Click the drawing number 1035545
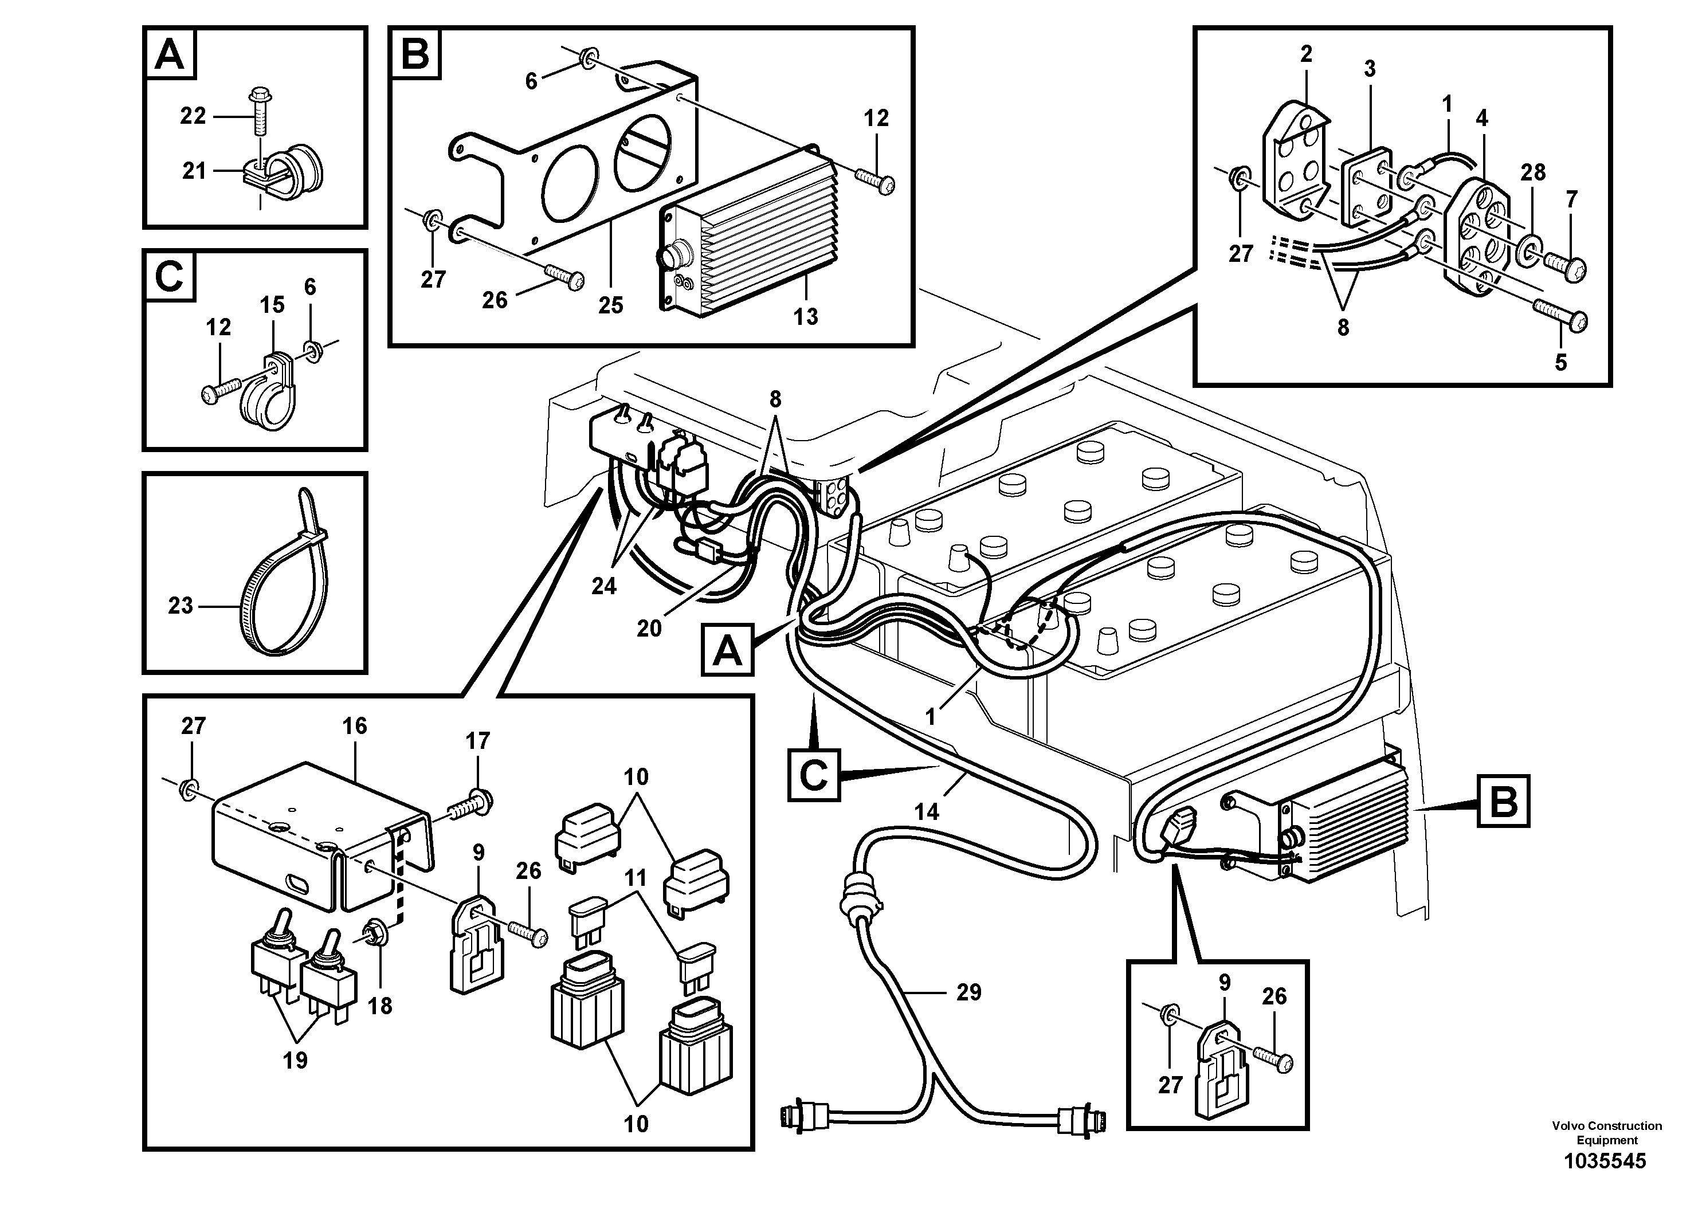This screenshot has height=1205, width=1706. click(x=1605, y=1161)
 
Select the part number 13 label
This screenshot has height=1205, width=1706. click(x=806, y=316)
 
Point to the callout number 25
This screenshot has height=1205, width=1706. click(x=610, y=305)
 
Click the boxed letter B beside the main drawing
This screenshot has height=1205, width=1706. click(x=1503, y=801)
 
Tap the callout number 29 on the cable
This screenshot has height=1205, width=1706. click(x=968, y=992)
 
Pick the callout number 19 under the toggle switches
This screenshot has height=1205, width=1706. click(x=295, y=1060)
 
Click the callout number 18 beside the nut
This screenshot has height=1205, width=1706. click(x=380, y=1006)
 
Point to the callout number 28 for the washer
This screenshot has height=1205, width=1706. click(x=1533, y=172)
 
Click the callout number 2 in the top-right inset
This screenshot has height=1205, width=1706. click(x=1306, y=53)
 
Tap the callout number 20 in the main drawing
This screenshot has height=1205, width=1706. click(x=649, y=629)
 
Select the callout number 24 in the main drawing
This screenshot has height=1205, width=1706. click(x=603, y=586)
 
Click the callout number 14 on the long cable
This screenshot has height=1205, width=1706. click(x=927, y=811)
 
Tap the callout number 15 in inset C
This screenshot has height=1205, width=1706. click(x=272, y=305)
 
